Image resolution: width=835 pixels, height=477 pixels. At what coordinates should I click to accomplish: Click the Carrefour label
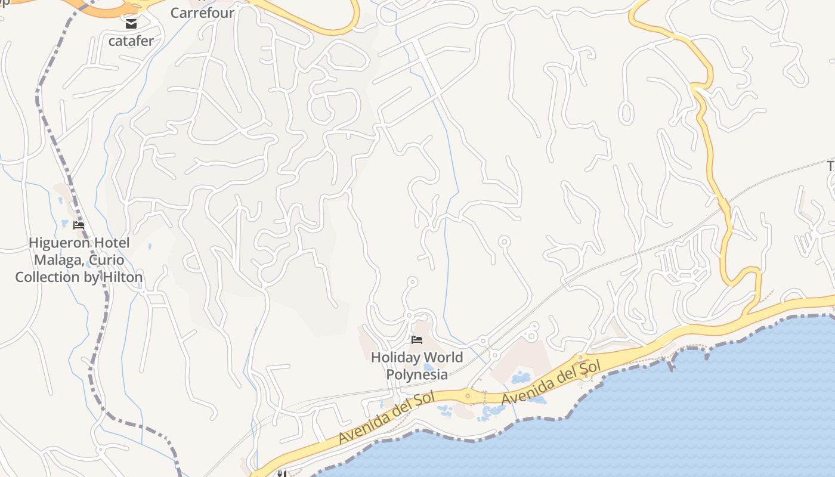pos(202,13)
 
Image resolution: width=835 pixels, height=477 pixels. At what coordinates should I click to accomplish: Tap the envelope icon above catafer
pos(131,24)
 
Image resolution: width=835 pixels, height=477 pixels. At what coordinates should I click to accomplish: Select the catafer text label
pos(131,41)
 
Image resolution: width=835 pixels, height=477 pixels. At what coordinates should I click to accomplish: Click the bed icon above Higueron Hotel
pos(78,225)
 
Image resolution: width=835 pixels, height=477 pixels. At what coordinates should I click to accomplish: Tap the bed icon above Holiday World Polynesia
pos(417,340)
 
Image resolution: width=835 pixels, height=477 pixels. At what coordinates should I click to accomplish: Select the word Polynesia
pos(417,374)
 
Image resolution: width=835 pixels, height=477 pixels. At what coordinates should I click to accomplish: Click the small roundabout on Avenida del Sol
pos(468,395)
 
